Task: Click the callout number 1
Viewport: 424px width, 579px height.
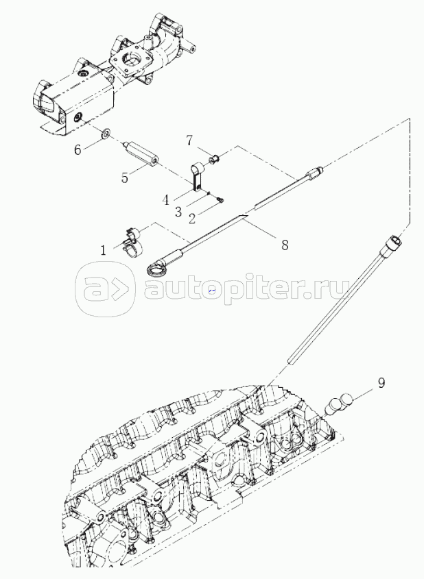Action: click(x=103, y=250)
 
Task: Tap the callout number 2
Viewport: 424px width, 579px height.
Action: click(x=191, y=218)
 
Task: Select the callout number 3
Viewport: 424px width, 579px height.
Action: click(x=178, y=212)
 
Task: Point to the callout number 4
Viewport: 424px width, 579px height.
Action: click(x=165, y=201)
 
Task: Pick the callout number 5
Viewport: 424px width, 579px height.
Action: click(x=125, y=177)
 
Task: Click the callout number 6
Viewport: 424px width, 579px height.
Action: click(x=78, y=150)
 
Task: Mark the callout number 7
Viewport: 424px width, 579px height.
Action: click(x=189, y=140)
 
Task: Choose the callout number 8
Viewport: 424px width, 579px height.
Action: click(x=285, y=245)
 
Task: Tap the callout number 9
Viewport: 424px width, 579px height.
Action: click(x=381, y=382)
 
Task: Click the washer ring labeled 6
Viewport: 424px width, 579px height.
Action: click(x=105, y=134)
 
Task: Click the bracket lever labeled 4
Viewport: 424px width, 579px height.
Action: click(x=196, y=177)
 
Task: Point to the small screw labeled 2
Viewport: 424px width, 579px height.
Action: click(x=220, y=200)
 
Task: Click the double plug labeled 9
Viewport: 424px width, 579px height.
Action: click(x=340, y=404)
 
